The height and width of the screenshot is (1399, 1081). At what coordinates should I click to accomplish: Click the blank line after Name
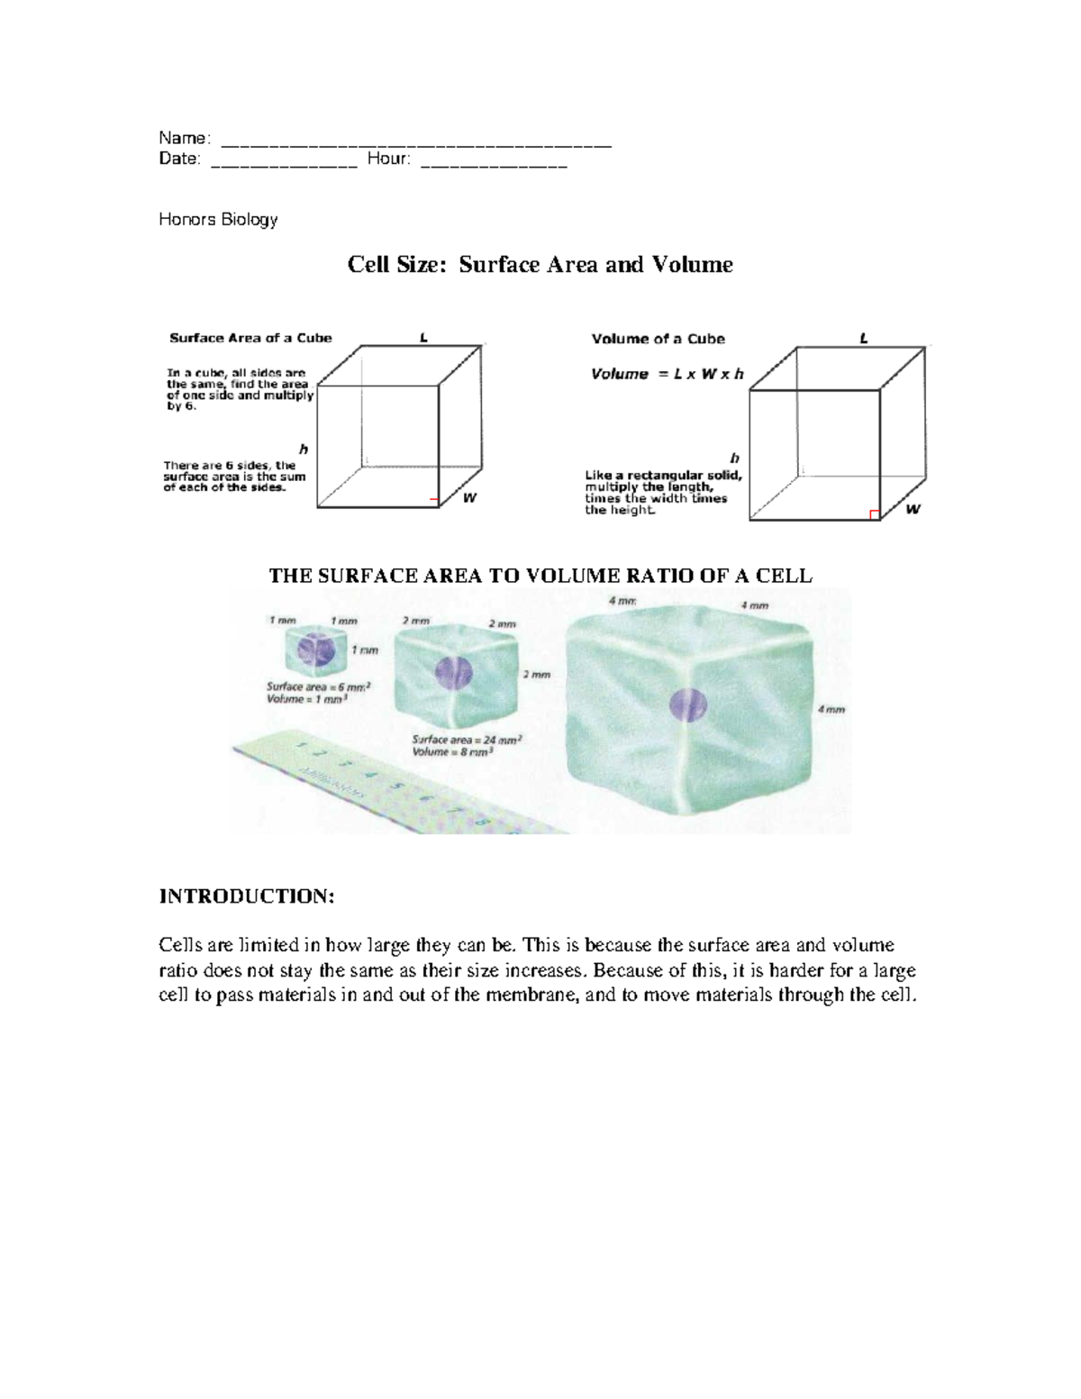pyautogui.click(x=416, y=142)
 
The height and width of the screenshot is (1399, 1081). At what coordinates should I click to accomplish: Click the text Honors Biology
pyautogui.click(x=218, y=219)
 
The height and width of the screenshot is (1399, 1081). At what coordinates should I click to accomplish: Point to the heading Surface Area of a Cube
pyautogui.click(x=250, y=338)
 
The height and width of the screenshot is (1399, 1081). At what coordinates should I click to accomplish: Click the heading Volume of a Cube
pyautogui.click(x=658, y=339)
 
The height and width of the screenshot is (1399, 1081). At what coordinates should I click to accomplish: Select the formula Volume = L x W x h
pyautogui.click(x=667, y=374)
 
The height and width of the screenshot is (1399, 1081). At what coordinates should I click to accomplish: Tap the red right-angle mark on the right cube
pyautogui.click(x=873, y=514)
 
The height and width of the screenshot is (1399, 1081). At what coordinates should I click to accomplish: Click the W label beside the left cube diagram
pyautogui.click(x=469, y=498)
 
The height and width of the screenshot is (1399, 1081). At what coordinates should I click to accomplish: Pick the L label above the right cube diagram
pyautogui.click(x=863, y=339)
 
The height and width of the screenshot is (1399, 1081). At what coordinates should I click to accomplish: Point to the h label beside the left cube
pyautogui.click(x=304, y=449)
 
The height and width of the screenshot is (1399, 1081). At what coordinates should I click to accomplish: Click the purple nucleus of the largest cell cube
pyautogui.click(x=689, y=704)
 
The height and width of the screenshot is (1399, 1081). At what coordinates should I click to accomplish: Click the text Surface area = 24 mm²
pyautogui.click(x=467, y=740)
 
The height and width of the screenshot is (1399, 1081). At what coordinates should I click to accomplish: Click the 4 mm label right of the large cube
pyautogui.click(x=831, y=710)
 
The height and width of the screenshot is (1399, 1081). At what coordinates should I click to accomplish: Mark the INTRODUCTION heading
pyautogui.click(x=247, y=896)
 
